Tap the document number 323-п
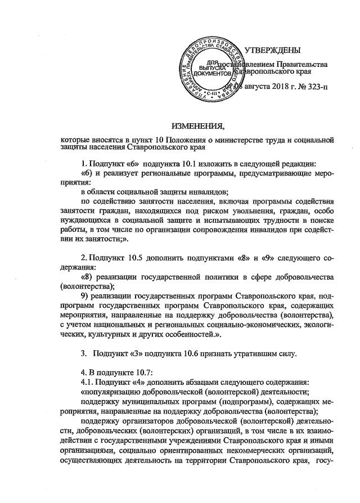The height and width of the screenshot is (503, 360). coord(301,87)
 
